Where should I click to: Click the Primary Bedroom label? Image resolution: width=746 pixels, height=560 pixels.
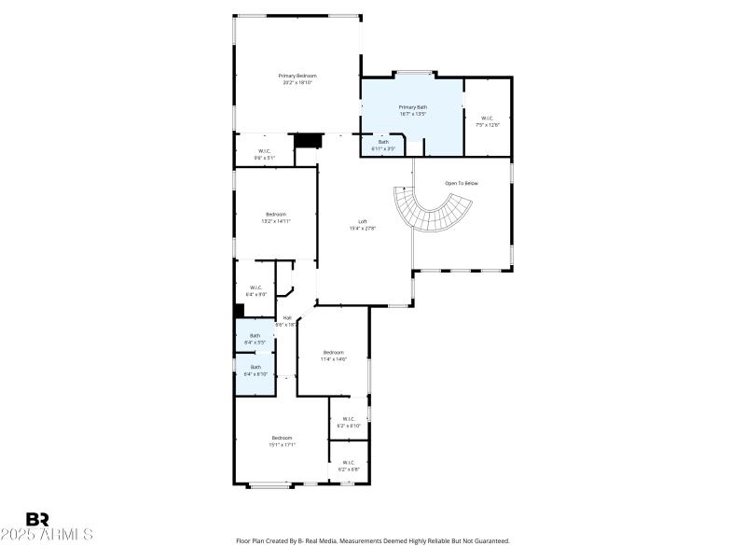297,78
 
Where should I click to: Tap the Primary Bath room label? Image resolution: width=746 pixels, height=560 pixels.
412,111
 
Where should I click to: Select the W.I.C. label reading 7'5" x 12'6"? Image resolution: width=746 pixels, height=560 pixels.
488,120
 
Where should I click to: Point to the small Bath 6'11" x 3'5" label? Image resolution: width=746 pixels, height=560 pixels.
383,145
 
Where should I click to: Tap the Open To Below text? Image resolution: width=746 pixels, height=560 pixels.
461,183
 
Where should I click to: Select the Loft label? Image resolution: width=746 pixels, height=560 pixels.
363,224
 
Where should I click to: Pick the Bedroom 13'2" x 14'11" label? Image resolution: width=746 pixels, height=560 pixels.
276,217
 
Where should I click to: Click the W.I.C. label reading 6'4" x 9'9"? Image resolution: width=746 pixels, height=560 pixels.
256,290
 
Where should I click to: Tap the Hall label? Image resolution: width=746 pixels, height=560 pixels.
286,321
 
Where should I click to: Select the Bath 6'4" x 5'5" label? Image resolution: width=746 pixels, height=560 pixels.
256,340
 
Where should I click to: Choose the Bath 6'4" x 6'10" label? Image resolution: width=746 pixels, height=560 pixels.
256,371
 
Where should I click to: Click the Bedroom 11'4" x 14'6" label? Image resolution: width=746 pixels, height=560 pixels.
334,356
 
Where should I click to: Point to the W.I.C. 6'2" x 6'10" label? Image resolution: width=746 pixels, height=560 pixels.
349,422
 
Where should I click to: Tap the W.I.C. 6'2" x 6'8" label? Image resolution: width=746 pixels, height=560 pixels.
349,465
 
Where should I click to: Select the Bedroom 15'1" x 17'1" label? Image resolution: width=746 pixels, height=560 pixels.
282,441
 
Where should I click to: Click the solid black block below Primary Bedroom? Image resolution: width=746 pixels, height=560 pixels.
307,140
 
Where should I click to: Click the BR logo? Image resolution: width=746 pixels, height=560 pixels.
37,518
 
